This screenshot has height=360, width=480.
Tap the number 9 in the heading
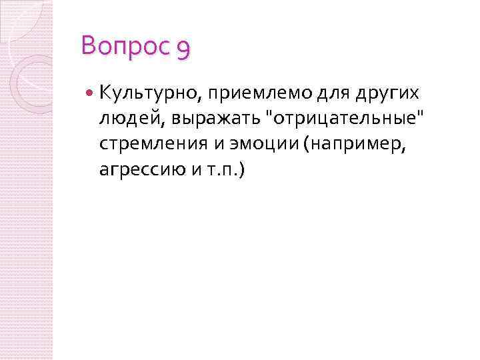pos(184,48)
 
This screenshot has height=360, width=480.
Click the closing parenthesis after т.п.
pos(242,170)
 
